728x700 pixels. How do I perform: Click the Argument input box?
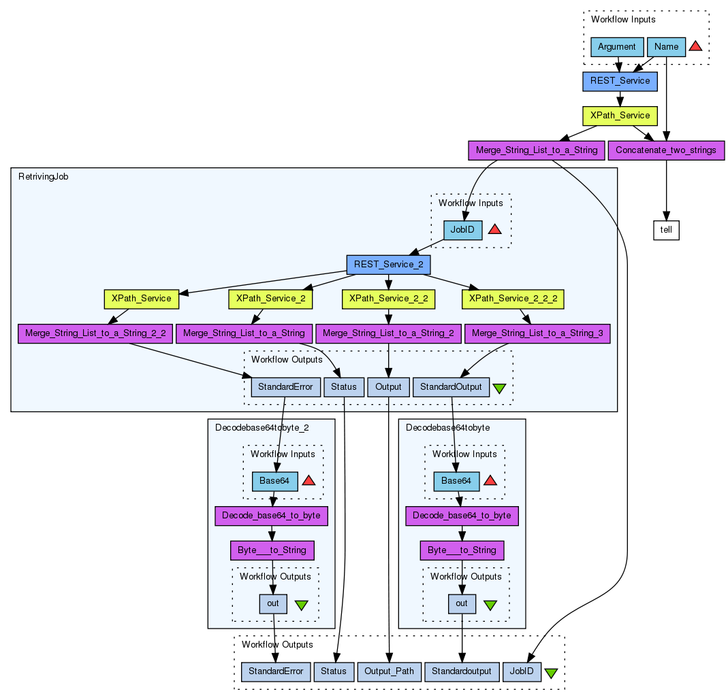click(x=617, y=47)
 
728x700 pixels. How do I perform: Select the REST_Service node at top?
click(x=620, y=82)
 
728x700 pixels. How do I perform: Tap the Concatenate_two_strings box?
click(x=665, y=150)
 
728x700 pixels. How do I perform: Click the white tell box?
click(x=666, y=230)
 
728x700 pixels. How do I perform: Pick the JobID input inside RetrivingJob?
click(x=463, y=230)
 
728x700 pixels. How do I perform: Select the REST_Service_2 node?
click(x=388, y=264)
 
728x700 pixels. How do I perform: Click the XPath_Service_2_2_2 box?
click(x=513, y=299)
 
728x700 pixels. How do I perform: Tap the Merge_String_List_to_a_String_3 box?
click(x=537, y=333)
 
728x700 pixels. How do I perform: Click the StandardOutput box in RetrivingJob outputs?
click(x=451, y=387)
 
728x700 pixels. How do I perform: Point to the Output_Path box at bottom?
click(x=388, y=671)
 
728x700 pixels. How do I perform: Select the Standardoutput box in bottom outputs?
click(x=460, y=671)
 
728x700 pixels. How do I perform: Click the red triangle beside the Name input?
click(x=695, y=46)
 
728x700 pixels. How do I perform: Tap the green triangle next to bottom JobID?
click(x=551, y=673)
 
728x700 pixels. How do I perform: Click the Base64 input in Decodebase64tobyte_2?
click(x=275, y=481)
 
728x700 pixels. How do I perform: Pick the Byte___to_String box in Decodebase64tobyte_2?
click(x=272, y=550)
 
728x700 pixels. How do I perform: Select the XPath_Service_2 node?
click(x=270, y=299)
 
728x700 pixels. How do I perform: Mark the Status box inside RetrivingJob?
click(x=344, y=387)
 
